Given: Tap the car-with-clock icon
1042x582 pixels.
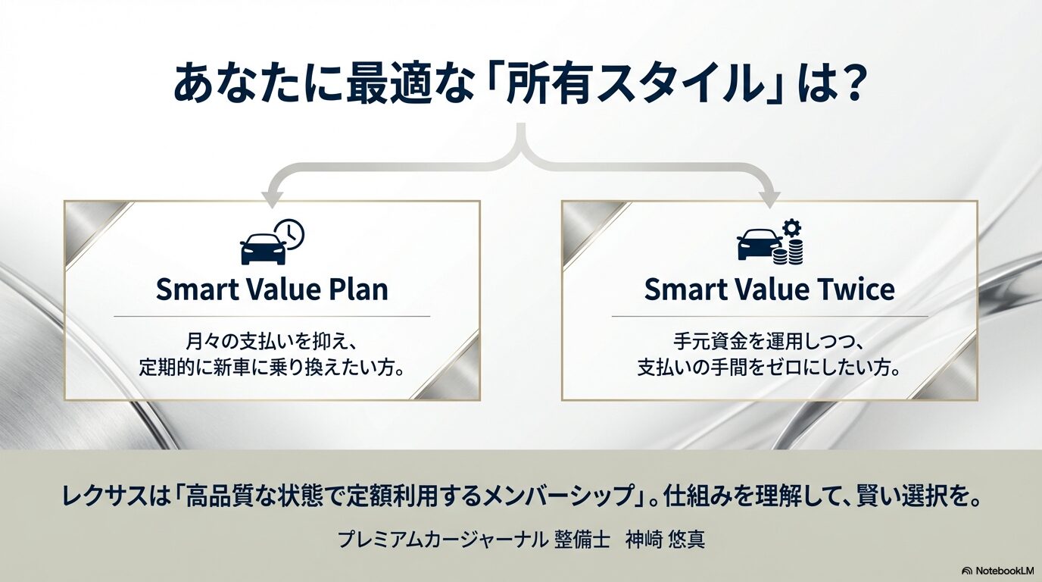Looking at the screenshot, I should [271, 242].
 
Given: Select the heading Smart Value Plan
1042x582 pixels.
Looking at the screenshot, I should [272, 289].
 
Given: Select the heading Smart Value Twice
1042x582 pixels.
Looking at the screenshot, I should [769, 289].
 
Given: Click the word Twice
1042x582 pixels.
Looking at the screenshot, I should [854, 289].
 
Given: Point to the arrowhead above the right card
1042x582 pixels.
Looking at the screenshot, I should [769, 199].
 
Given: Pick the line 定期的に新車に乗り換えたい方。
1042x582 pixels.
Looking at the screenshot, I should [271, 369].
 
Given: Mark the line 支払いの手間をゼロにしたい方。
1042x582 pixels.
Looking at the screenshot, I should [769, 369].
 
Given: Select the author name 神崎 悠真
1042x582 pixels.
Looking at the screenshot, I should [665, 540].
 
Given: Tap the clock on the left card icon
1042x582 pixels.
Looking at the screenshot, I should [289, 234].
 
